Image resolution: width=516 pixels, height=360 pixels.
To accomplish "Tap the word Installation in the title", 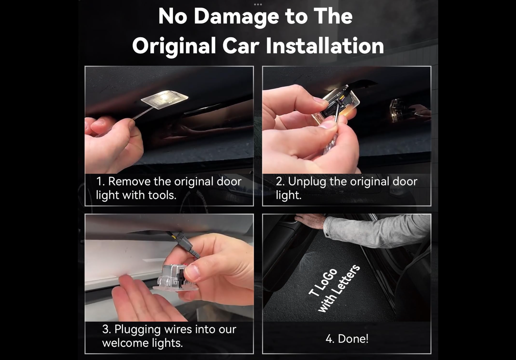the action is click(x=325, y=46).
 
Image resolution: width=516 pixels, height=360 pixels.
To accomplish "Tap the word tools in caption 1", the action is click(x=162, y=195).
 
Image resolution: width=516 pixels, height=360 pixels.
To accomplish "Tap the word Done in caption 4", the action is click(x=353, y=339).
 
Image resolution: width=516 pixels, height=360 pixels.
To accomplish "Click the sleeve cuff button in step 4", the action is click(x=327, y=235).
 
